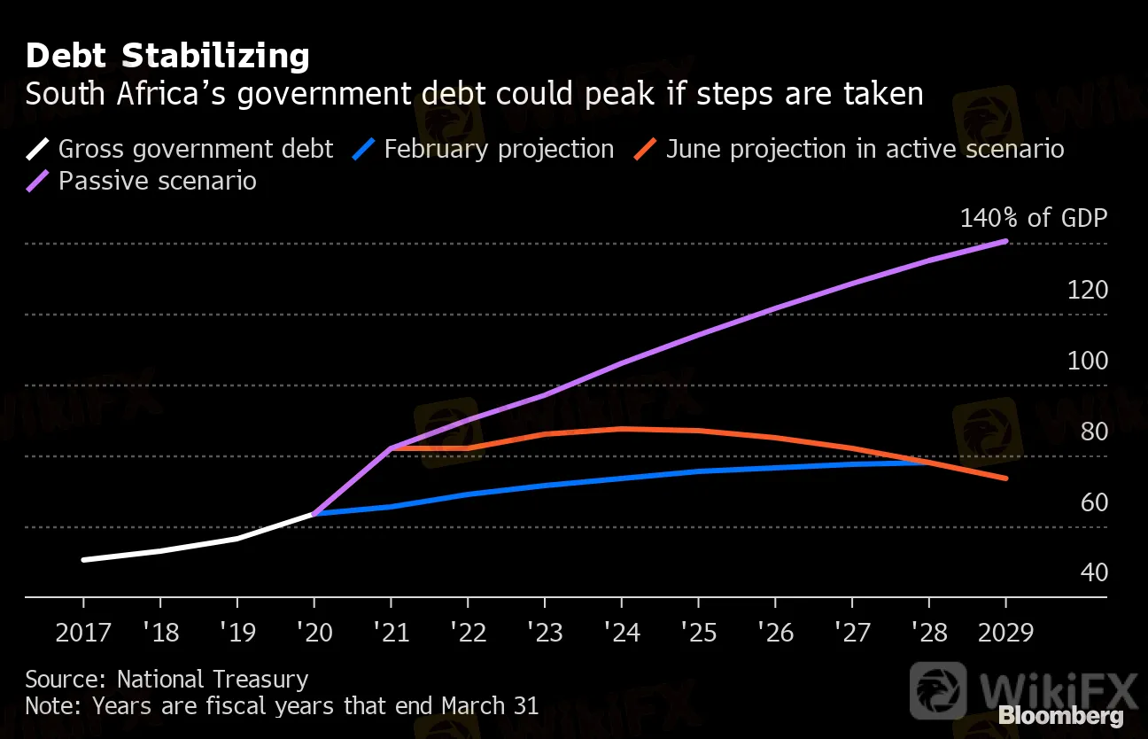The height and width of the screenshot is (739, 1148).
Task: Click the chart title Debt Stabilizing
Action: (x=167, y=56)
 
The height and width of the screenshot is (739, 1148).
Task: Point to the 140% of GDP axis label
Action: (x=1034, y=218)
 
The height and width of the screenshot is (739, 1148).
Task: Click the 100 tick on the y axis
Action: (x=1087, y=361)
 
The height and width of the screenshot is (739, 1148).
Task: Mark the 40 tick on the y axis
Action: (x=1094, y=572)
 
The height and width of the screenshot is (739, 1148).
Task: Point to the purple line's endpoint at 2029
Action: (x=1006, y=241)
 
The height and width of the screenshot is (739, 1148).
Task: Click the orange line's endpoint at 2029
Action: (x=1006, y=478)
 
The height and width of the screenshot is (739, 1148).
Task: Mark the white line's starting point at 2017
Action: (x=83, y=560)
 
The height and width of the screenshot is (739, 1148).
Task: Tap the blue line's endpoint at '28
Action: (x=928, y=462)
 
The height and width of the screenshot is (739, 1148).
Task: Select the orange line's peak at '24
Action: (x=623, y=429)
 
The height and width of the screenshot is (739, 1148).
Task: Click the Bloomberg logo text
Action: (x=1060, y=716)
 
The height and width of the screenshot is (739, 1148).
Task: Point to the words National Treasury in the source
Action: (x=213, y=680)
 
